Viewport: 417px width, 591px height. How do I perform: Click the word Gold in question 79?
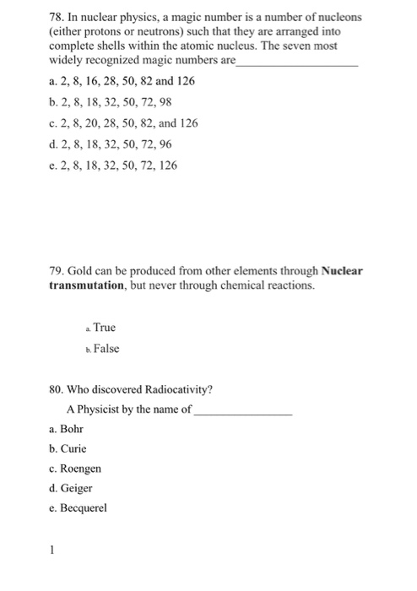pos(86,271)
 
